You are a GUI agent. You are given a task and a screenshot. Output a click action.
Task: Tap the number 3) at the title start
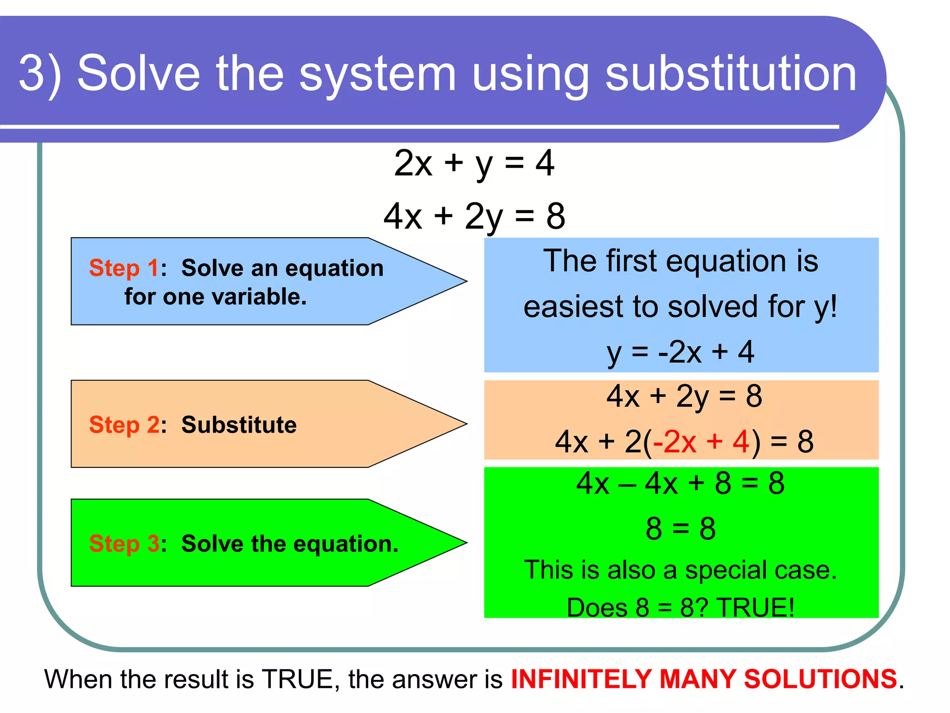click(x=40, y=73)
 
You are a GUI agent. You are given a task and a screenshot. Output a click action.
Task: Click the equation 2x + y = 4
click(x=474, y=163)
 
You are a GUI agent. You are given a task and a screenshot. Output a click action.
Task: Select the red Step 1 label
click(x=124, y=268)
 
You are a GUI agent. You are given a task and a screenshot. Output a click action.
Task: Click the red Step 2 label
click(x=124, y=425)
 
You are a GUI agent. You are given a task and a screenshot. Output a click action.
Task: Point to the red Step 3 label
click(x=124, y=544)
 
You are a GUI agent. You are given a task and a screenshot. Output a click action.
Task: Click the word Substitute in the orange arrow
click(x=239, y=425)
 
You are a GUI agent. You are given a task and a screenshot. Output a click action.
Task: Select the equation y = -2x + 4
click(x=680, y=352)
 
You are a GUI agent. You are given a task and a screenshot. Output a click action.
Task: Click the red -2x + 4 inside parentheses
click(x=700, y=441)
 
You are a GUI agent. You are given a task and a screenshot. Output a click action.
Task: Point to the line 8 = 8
click(x=680, y=528)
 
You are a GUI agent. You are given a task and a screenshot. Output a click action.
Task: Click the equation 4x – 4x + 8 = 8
click(x=680, y=483)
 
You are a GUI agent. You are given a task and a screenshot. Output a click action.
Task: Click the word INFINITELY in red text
click(x=581, y=679)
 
